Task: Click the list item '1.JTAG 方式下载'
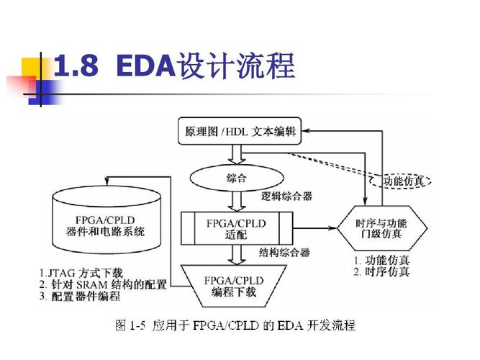click(87, 273)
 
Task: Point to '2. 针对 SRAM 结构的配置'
click(103, 284)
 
